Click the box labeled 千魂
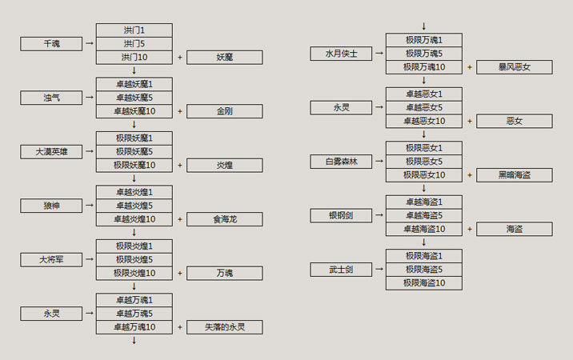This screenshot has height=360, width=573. (51, 44)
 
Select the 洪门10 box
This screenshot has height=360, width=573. (134, 58)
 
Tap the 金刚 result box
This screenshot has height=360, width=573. (224, 111)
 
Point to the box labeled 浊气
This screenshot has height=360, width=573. (51, 98)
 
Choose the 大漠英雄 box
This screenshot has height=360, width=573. (51, 152)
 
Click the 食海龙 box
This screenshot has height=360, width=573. (224, 219)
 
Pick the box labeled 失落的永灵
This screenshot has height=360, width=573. (224, 327)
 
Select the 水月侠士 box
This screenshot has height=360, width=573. (341, 54)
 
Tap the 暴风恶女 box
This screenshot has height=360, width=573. (514, 67)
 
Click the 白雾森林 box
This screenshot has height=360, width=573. (341, 162)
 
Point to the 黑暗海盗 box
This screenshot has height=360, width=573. (514, 175)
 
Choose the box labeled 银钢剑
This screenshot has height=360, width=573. (341, 215)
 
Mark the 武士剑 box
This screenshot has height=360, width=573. (341, 270)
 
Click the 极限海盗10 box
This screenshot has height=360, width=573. (423, 283)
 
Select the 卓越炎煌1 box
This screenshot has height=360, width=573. (134, 192)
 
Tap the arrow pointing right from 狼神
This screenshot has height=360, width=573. (88, 206)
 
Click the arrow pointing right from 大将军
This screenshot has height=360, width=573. (88, 259)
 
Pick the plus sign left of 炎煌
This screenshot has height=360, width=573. (179, 166)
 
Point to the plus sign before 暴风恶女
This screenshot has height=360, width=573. (469, 67)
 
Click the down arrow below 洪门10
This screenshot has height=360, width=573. (134, 70)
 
